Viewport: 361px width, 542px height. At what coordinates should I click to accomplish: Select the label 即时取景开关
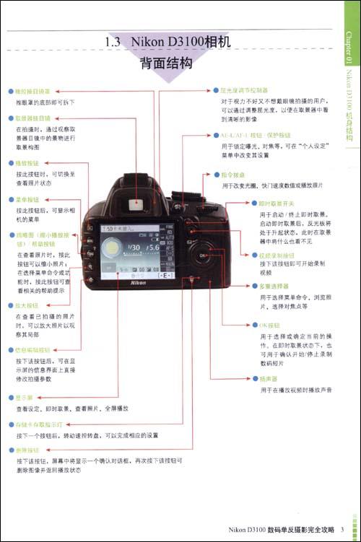[278, 204]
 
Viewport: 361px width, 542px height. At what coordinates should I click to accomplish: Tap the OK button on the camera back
[203, 255]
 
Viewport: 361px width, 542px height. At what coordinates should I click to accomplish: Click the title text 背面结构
[167, 64]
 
